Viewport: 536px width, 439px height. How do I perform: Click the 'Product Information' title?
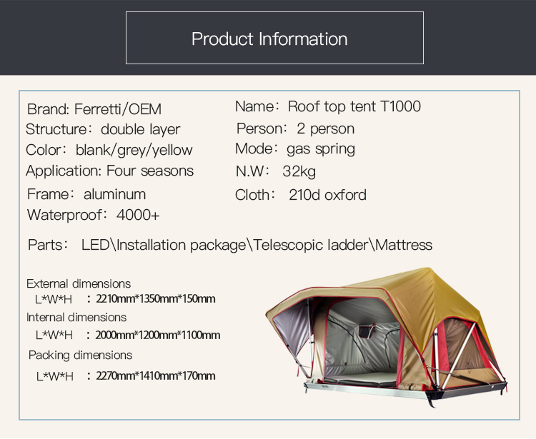click(x=269, y=39)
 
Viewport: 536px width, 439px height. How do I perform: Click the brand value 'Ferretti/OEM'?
click(x=118, y=109)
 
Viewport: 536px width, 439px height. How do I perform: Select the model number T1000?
click(x=400, y=106)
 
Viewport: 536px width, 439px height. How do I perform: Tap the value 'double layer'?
click(x=140, y=129)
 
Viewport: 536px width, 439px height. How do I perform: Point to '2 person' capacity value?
click(x=325, y=128)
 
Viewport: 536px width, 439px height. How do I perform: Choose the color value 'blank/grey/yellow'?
click(x=134, y=150)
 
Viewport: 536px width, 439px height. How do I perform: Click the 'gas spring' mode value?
click(x=321, y=149)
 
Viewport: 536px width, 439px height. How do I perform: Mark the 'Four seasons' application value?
click(x=150, y=171)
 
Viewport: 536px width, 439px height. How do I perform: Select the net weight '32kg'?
click(x=299, y=171)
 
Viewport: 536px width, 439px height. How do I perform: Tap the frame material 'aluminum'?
click(x=114, y=194)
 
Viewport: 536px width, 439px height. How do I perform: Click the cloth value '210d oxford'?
click(x=327, y=195)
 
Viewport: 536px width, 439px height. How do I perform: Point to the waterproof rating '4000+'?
click(x=138, y=215)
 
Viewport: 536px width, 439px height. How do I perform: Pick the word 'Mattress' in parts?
click(x=404, y=245)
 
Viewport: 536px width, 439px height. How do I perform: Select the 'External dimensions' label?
click(x=79, y=283)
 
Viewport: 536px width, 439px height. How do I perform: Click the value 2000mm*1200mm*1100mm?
click(x=158, y=335)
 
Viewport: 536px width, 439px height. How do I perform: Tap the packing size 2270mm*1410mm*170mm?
click(x=156, y=376)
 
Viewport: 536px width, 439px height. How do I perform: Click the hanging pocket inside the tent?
click(x=366, y=330)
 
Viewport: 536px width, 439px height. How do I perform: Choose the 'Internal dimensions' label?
click(x=76, y=318)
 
